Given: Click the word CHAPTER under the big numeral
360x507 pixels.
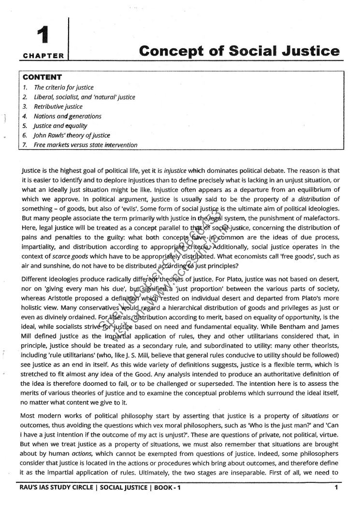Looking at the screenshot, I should pos(43,56).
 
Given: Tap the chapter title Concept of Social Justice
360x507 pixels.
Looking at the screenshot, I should pos(239,51).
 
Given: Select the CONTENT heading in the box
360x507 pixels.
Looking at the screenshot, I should pos(43,77).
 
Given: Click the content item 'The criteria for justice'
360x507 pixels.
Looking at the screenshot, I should pos(63,87).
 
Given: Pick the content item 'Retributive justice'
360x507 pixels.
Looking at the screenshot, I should pos(58,106).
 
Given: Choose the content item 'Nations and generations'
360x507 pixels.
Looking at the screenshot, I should pos(67,116).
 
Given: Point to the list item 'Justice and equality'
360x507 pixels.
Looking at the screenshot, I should pos(60,126).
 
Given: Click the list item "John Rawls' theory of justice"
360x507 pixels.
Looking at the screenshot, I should pos(72,135).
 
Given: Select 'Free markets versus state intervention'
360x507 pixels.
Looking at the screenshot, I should pos(86,145).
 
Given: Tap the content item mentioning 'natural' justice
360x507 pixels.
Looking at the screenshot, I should pos(84,97).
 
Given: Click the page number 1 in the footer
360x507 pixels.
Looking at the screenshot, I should pos(335,487).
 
